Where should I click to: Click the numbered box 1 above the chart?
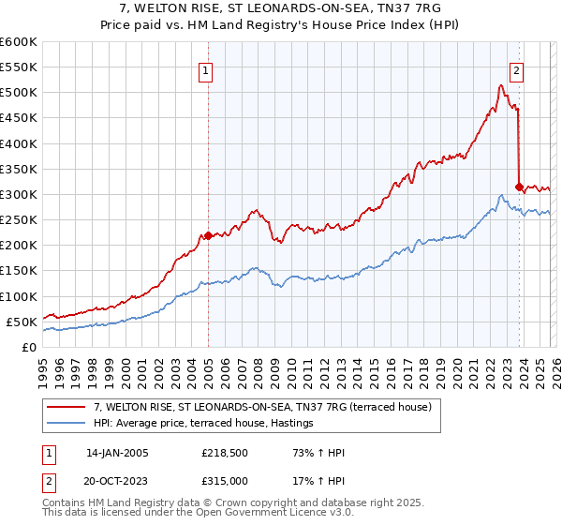coord(205,68)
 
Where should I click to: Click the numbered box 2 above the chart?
coord(516,68)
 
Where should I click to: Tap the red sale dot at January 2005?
coord(208,235)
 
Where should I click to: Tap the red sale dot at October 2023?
coord(519,187)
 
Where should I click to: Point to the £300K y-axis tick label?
coord(19,194)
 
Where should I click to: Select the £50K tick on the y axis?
coord(22,322)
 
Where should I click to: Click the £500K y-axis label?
coord(19,93)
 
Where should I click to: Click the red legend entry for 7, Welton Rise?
coord(262,408)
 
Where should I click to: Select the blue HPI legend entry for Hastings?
coord(202,424)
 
